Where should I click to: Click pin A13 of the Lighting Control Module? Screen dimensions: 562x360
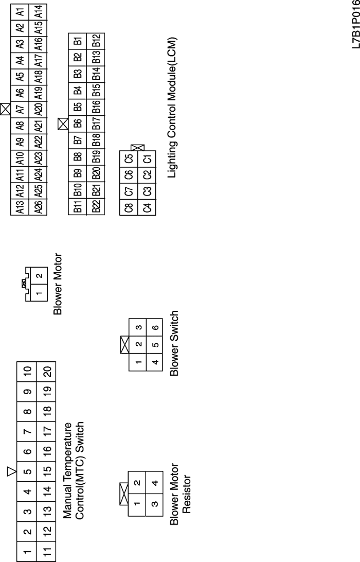pyautogui.click(x=21, y=208)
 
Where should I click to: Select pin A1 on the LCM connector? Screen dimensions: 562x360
pyautogui.click(x=21, y=11)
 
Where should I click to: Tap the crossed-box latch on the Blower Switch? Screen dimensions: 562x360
pyautogui.click(x=124, y=344)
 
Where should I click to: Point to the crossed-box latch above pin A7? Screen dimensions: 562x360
pyautogui.click(x=6, y=109)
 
